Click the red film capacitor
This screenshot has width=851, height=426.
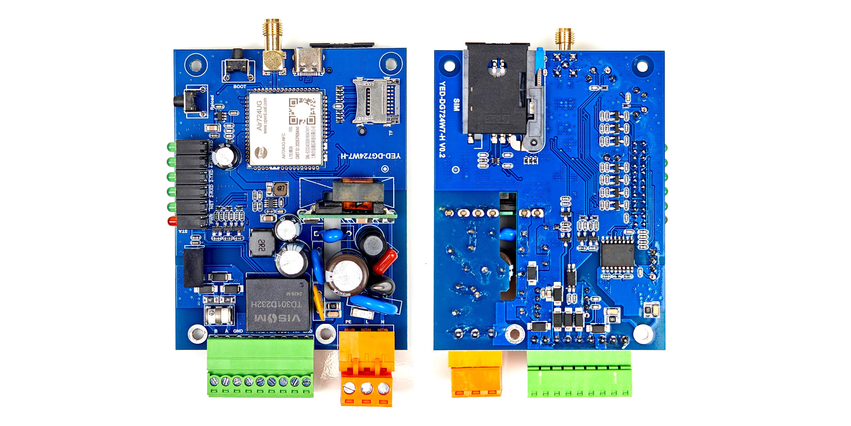pos(385,261)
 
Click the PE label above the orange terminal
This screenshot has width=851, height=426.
pos(348,322)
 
